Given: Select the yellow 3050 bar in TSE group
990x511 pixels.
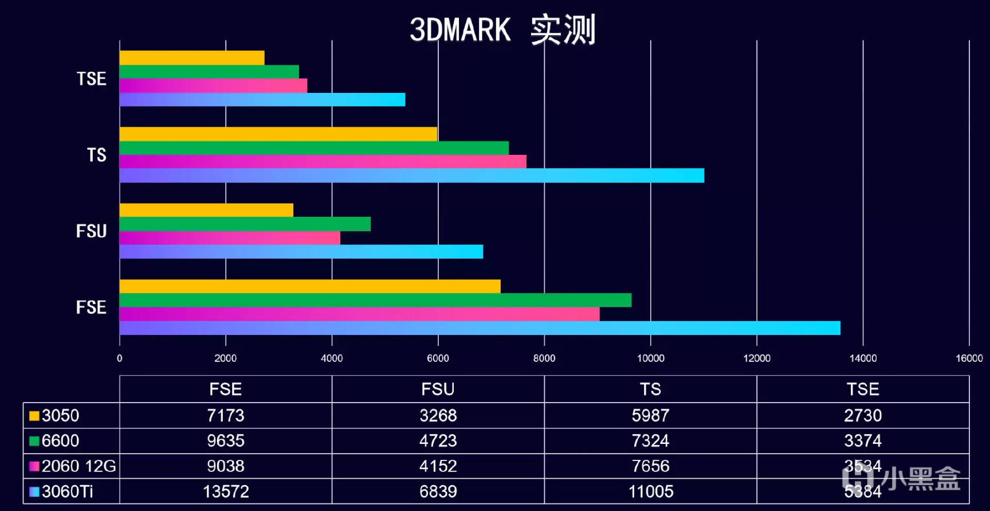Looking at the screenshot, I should [192, 58].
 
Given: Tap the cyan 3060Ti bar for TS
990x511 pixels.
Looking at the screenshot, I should [411, 176].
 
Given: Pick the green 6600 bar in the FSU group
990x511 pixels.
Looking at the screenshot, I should [245, 224].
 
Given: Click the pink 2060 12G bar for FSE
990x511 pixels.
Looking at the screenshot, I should [359, 314].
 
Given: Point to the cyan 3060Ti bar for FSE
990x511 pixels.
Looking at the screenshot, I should [480, 328].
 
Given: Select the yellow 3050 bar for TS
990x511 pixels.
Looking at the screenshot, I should [278, 134].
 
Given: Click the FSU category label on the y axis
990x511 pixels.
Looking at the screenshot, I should [92, 231].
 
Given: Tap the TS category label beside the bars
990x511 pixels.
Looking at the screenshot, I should [97, 155].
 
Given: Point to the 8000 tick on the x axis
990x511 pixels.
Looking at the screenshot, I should [544, 358].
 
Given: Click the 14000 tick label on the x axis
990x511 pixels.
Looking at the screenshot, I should [863, 358].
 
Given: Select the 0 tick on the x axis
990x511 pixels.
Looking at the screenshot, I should [120, 358].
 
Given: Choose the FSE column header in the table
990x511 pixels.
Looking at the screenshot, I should [226, 389].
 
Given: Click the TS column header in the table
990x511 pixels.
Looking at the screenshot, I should [650, 389].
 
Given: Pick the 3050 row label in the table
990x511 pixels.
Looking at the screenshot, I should [60, 415].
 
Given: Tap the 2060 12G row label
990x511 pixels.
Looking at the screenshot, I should [78, 466].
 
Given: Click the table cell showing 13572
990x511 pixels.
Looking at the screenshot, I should [226, 492].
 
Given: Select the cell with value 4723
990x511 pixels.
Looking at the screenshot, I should [438, 440].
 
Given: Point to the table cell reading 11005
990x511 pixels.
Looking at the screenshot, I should [650, 492].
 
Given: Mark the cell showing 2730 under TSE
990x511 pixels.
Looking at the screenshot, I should [863, 415].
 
